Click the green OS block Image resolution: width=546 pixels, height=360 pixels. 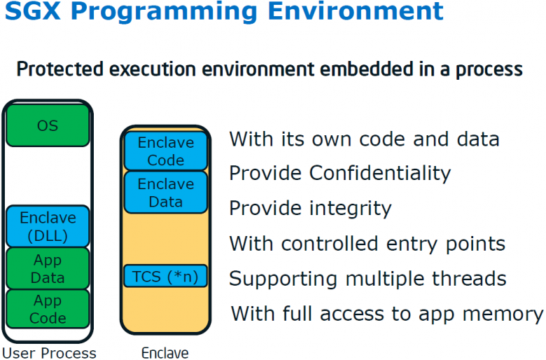pos(48,126)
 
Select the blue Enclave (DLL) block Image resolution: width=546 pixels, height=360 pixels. pos(48,226)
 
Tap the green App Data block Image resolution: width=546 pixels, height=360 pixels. pos(48,268)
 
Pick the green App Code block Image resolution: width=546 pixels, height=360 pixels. pos(48,309)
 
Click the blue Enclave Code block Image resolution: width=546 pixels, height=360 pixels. pos(166,151)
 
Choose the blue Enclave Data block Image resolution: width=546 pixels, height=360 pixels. pos(166,193)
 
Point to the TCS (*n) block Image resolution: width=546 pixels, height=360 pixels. pos(166,277)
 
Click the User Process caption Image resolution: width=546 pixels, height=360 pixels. pos(49,352)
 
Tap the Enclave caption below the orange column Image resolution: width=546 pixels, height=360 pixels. pos(165,352)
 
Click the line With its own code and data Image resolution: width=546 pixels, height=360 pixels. pos(364,139)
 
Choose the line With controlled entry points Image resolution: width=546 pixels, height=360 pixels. pos(367,244)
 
